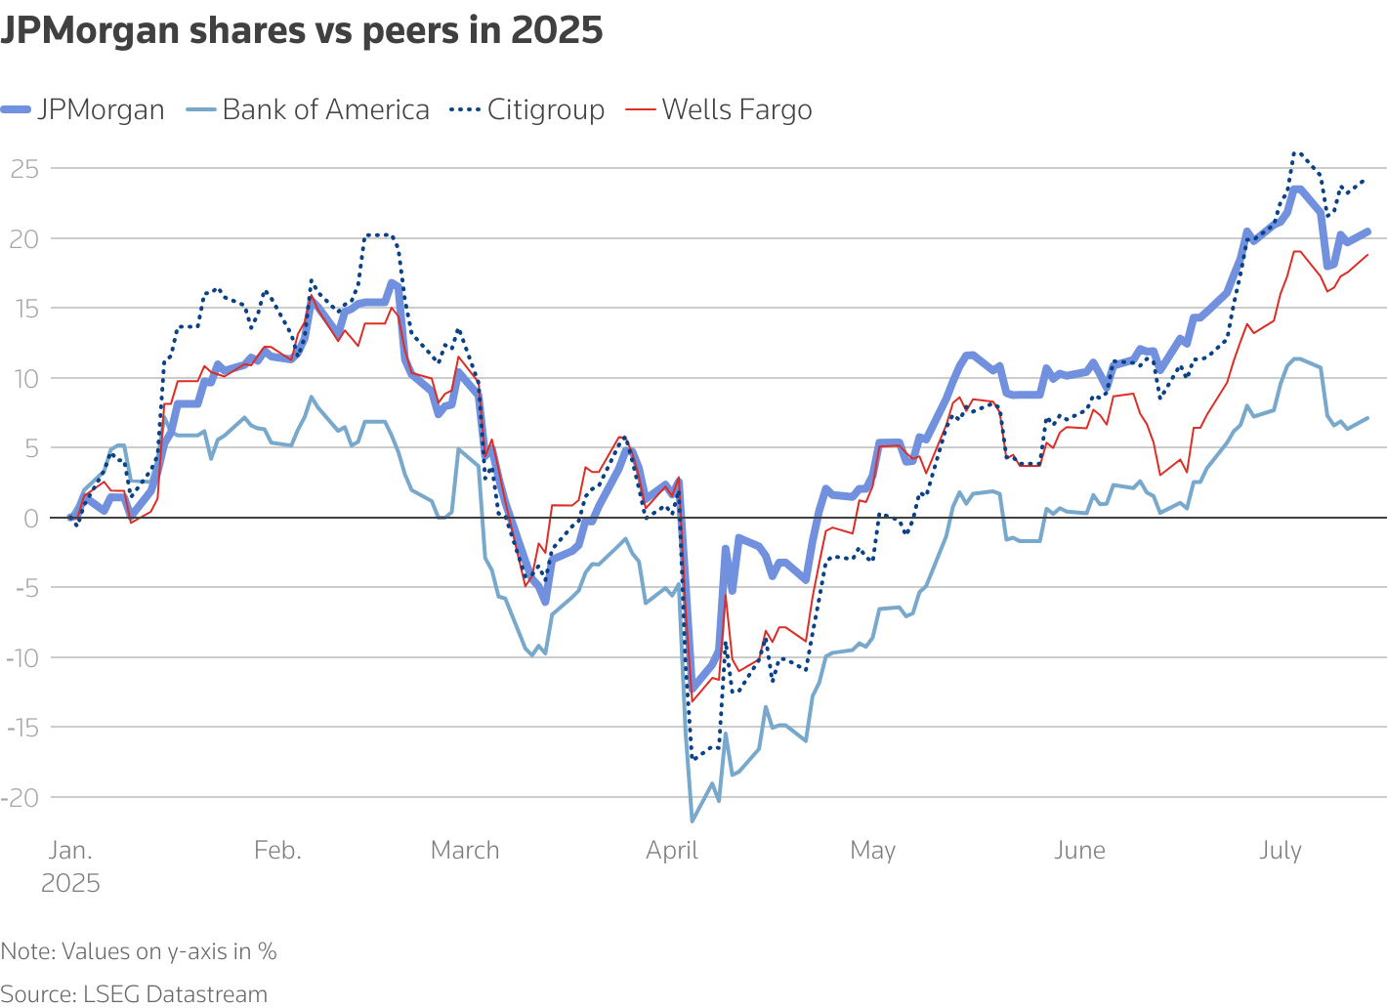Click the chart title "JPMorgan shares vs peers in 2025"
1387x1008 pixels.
302,31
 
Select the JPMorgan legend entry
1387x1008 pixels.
83,109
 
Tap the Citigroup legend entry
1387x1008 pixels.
528,109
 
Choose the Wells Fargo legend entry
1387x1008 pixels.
719,109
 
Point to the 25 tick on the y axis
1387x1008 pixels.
24,169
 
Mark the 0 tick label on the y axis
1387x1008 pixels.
30,518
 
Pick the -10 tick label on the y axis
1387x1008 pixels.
21,657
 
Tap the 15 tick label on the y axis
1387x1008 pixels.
24,309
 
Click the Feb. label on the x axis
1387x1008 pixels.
277,851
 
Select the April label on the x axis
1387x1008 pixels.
672,851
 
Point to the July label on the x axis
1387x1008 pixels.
1280,851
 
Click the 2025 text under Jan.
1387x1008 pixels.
70,884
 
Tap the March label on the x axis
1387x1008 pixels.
465,851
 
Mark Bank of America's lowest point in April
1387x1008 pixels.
692,820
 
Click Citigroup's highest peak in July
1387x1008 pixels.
1295,152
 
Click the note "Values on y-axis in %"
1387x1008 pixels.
139,951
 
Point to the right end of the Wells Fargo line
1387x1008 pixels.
1366,255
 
